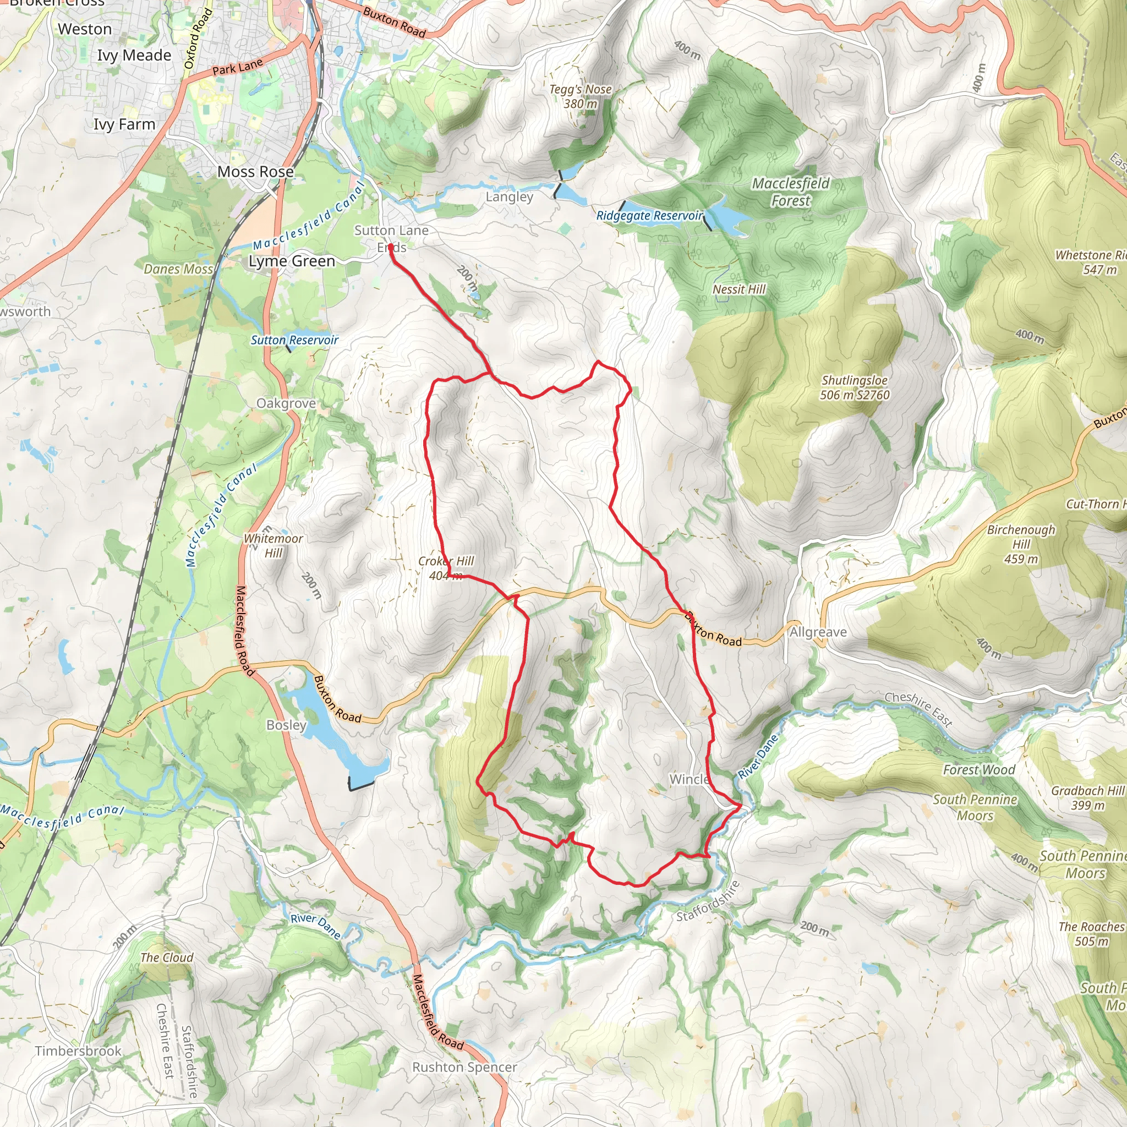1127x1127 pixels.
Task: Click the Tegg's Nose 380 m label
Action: pyautogui.click(x=581, y=96)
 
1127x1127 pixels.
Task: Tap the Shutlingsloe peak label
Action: pyautogui.click(x=855, y=387)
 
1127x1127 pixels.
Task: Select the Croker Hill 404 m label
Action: pyautogui.click(x=446, y=568)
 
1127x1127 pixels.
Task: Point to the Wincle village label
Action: pyautogui.click(x=689, y=779)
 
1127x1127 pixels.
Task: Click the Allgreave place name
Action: pyautogui.click(x=818, y=632)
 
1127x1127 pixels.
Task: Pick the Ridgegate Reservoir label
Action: pyautogui.click(x=649, y=216)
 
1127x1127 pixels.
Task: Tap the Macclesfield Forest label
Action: pyautogui.click(x=790, y=192)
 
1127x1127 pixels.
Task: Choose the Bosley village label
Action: pyautogui.click(x=286, y=725)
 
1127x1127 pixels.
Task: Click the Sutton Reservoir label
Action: pyautogui.click(x=294, y=340)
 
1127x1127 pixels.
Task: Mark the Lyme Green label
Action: pyautogui.click(x=292, y=261)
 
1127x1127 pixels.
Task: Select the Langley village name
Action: pyautogui.click(x=509, y=197)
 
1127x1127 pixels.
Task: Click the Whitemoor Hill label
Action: pyautogui.click(x=273, y=545)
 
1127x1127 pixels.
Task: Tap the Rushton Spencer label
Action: pyautogui.click(x=464, y=1067)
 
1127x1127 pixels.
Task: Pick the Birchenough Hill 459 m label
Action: pyautogui.click(x=1021, y=544)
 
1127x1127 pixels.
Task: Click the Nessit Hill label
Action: pyautogui.click(x=738, y=289)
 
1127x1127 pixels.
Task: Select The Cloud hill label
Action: pyautogui.click(x=167, y=958)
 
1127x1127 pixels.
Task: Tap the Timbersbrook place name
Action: pyautogui.click(x=78, y=1051)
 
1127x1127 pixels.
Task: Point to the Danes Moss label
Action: pyautogui.click(x=178, y=269)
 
